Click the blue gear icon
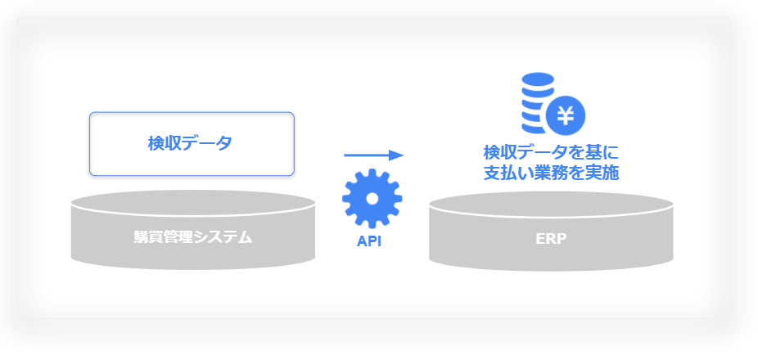[372, 198]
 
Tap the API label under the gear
[369, 241]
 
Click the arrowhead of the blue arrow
[396, 155]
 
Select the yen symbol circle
[566, 116]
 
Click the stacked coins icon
[538, 102]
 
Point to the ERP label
[551, 239]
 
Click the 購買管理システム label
[193, 237]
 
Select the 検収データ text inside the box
[190, 143]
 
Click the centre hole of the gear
[372, 198]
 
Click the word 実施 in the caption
[605, 173]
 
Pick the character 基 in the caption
[597, 153]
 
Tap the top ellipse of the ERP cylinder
[551, 205]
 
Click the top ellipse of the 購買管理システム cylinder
[193, 203]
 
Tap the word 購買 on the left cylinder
[148, 237]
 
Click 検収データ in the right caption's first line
[525, 153]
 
